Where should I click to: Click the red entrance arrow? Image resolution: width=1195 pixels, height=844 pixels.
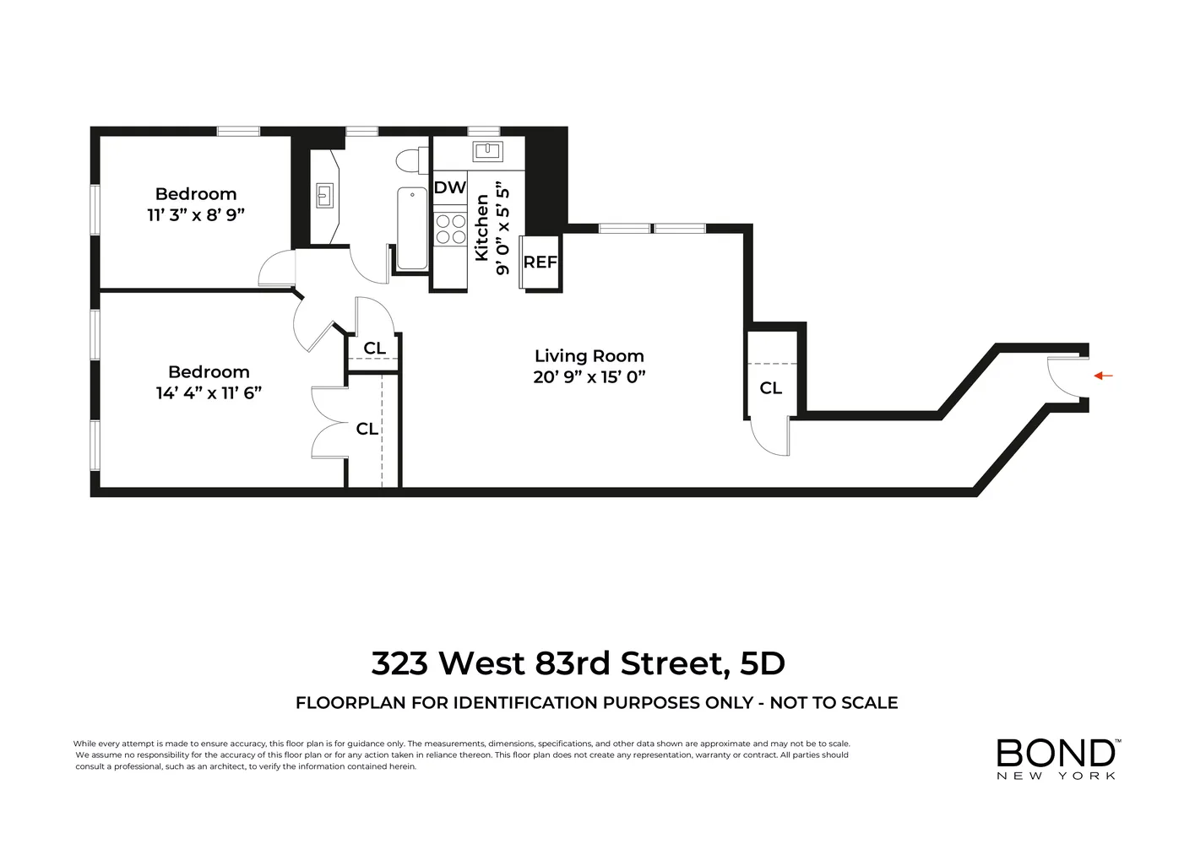pyautogui.click(x=1103, y=376)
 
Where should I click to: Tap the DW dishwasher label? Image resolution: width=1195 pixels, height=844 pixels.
pyautogui.click(x=450, y=187)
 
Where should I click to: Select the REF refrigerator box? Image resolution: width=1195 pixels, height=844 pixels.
pyautogui.click(x=540, y=262)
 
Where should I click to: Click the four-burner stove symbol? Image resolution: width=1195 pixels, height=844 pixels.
pyautogui.click(x=450, y=229)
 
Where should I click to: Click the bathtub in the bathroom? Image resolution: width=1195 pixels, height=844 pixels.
pyautogui.click(x=412, y=228)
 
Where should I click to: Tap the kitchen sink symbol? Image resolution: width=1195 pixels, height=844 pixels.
pyautogui.click(x=488, y=151)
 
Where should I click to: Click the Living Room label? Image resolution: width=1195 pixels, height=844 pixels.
pyautogui.click(x=589, y=356)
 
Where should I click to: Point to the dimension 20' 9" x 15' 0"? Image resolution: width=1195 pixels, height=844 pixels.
pyautogui.click(x=589, y=377)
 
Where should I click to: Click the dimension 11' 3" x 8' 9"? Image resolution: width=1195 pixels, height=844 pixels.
pyautogui.click(x=196, y=215)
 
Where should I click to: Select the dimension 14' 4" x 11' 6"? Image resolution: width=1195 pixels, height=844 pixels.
pyautogui.click(x=209, y=393)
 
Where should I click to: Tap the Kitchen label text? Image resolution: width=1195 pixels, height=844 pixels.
pyautogui.click(x=482, y=228)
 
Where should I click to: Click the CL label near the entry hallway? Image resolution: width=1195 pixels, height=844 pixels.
pyautogui.click(x=771, y=388)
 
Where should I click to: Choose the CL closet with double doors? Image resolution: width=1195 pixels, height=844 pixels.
pyautogui.click(x=367, y=429)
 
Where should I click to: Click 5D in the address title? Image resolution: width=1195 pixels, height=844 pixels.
pyautogui.click(x=762, y=663)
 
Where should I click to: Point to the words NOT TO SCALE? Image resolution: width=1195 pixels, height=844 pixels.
pyautogui.click(x=834, y=703)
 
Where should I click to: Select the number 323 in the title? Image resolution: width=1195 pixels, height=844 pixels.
pyautogui.click(x=399, y=663)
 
